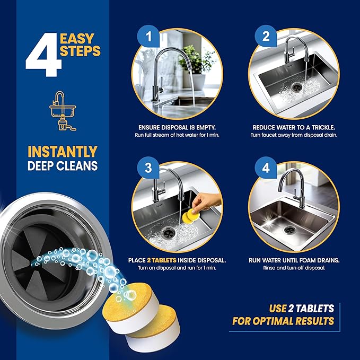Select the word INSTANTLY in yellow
(63, 151)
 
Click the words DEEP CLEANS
(63, 166)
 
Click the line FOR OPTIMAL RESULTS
(283, 321)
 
